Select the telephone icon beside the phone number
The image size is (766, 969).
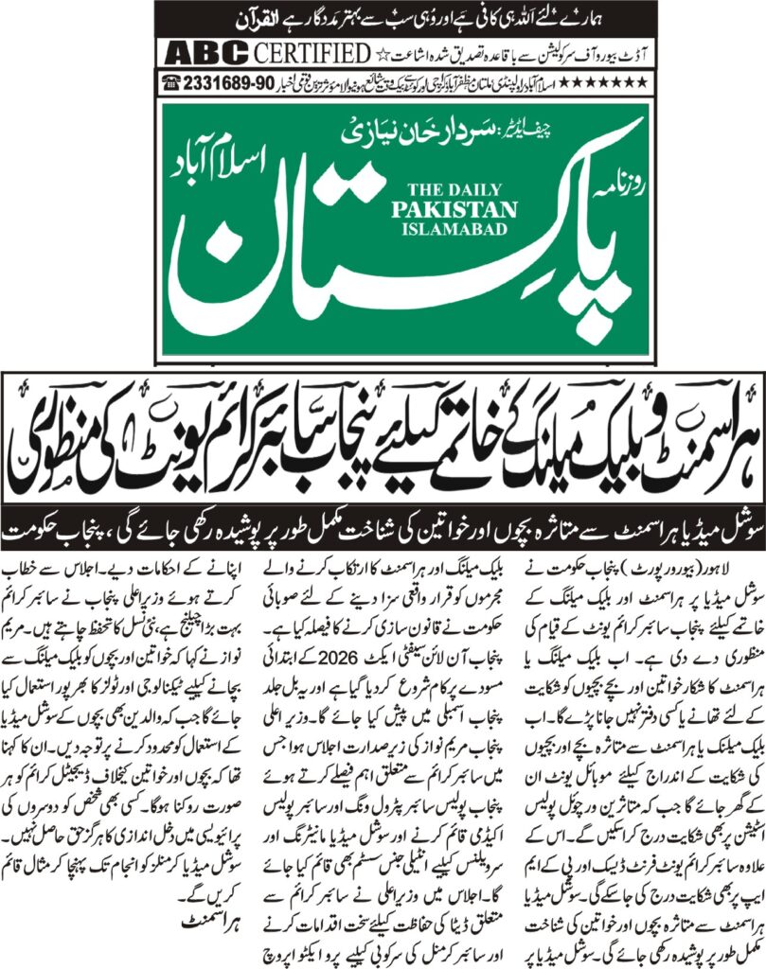[172, 82]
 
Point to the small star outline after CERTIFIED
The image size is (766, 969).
[381, 53]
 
